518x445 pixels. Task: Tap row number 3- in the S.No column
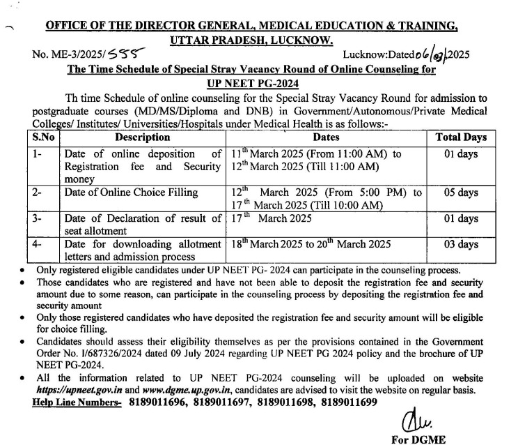click(x=40, y=219)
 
